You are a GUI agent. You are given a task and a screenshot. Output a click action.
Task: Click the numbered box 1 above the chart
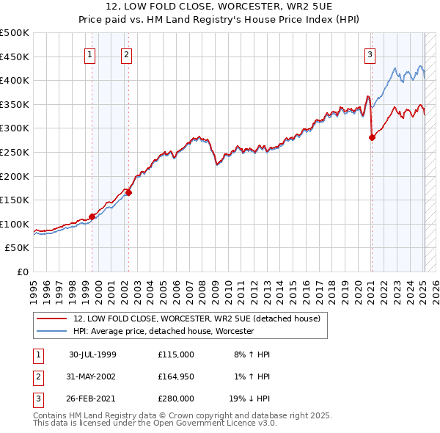(x=89, y=54)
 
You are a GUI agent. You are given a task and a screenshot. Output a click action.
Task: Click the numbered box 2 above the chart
(x=126, y=54)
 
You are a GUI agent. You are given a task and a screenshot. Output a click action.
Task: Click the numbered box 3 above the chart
(x=370, y=54)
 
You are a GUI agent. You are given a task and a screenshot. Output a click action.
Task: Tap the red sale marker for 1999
(x=92, y=216)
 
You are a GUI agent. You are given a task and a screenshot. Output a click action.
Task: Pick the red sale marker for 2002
(x=128, y=193)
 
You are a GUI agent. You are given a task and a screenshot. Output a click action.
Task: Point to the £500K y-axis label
(x=15, y=33)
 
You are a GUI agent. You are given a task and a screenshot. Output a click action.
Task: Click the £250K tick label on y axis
(x=15, y=152)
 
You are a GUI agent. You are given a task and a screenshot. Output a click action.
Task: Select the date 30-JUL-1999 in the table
(x=92, y=354)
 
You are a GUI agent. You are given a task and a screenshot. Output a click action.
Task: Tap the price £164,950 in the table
(x=176, y=376)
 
